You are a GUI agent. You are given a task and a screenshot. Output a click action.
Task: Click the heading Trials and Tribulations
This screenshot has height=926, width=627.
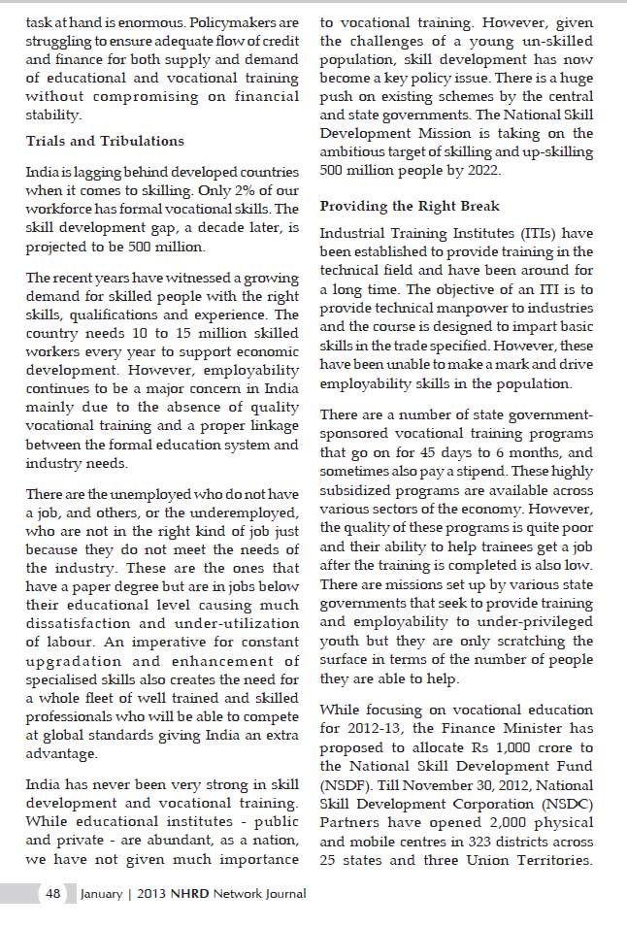click(x=105, y=141)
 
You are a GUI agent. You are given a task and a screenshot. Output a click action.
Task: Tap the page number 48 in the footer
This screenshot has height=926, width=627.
click(x=52, y=894)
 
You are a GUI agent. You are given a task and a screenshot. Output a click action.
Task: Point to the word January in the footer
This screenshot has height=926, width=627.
click(x=101, y=894)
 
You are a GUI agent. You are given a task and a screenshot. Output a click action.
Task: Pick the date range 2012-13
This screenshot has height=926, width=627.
click(x=375, y=729)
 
